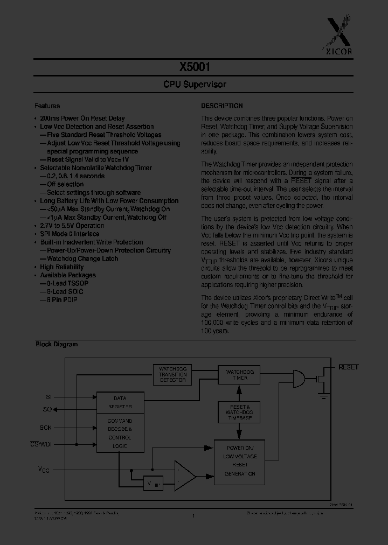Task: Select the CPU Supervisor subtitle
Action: tap(195, 85)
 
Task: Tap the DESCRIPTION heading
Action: tap(222, 106)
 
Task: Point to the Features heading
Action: tap(47, 106)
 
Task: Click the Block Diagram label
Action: tap(57, 344)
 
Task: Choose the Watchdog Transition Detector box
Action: tap(172, 374)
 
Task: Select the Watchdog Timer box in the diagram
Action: tap(239, 374)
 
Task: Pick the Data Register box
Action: tap(120, 402)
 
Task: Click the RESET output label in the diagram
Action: tap(348, 367)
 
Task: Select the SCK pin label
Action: tap(46, 428)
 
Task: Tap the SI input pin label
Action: tap(48, 396)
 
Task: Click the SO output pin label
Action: tap(47, 409)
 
